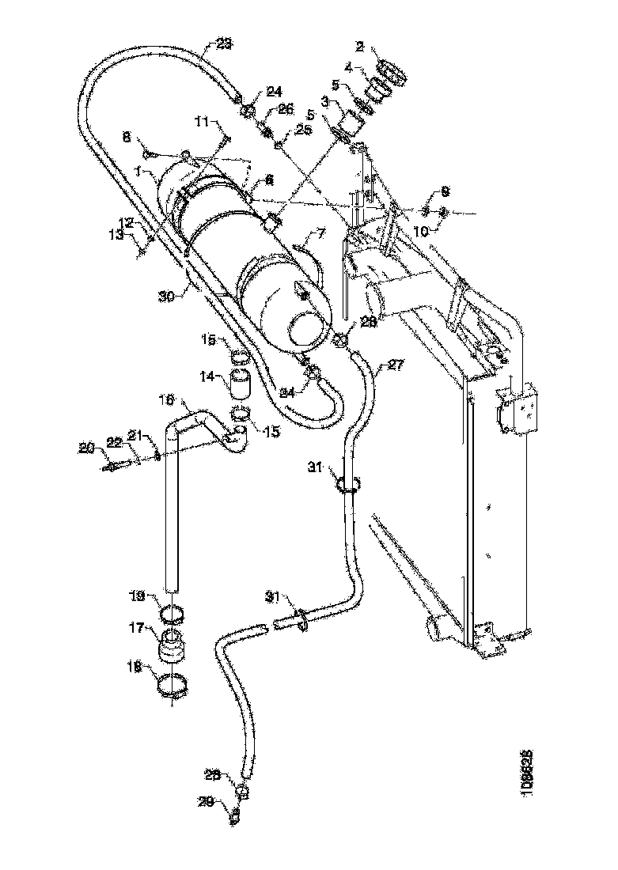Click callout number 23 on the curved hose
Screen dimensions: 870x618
coord(223,45)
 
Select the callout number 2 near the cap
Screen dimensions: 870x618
coord(360,48)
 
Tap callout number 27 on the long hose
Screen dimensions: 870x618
coord(395,366)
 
